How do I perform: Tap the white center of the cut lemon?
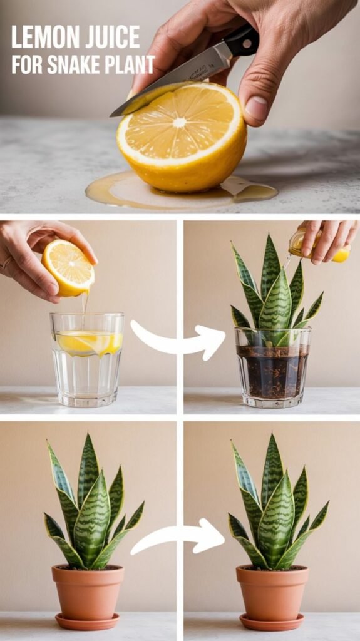coord(179,122)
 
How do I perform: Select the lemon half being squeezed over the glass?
coord(68,267)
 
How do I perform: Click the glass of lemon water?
coord(87,359)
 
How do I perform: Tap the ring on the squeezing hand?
coord(6,262)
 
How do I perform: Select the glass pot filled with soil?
coord(272,367)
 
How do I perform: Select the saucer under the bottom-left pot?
coord(88,622)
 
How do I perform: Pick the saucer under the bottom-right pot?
coord(272,622)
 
